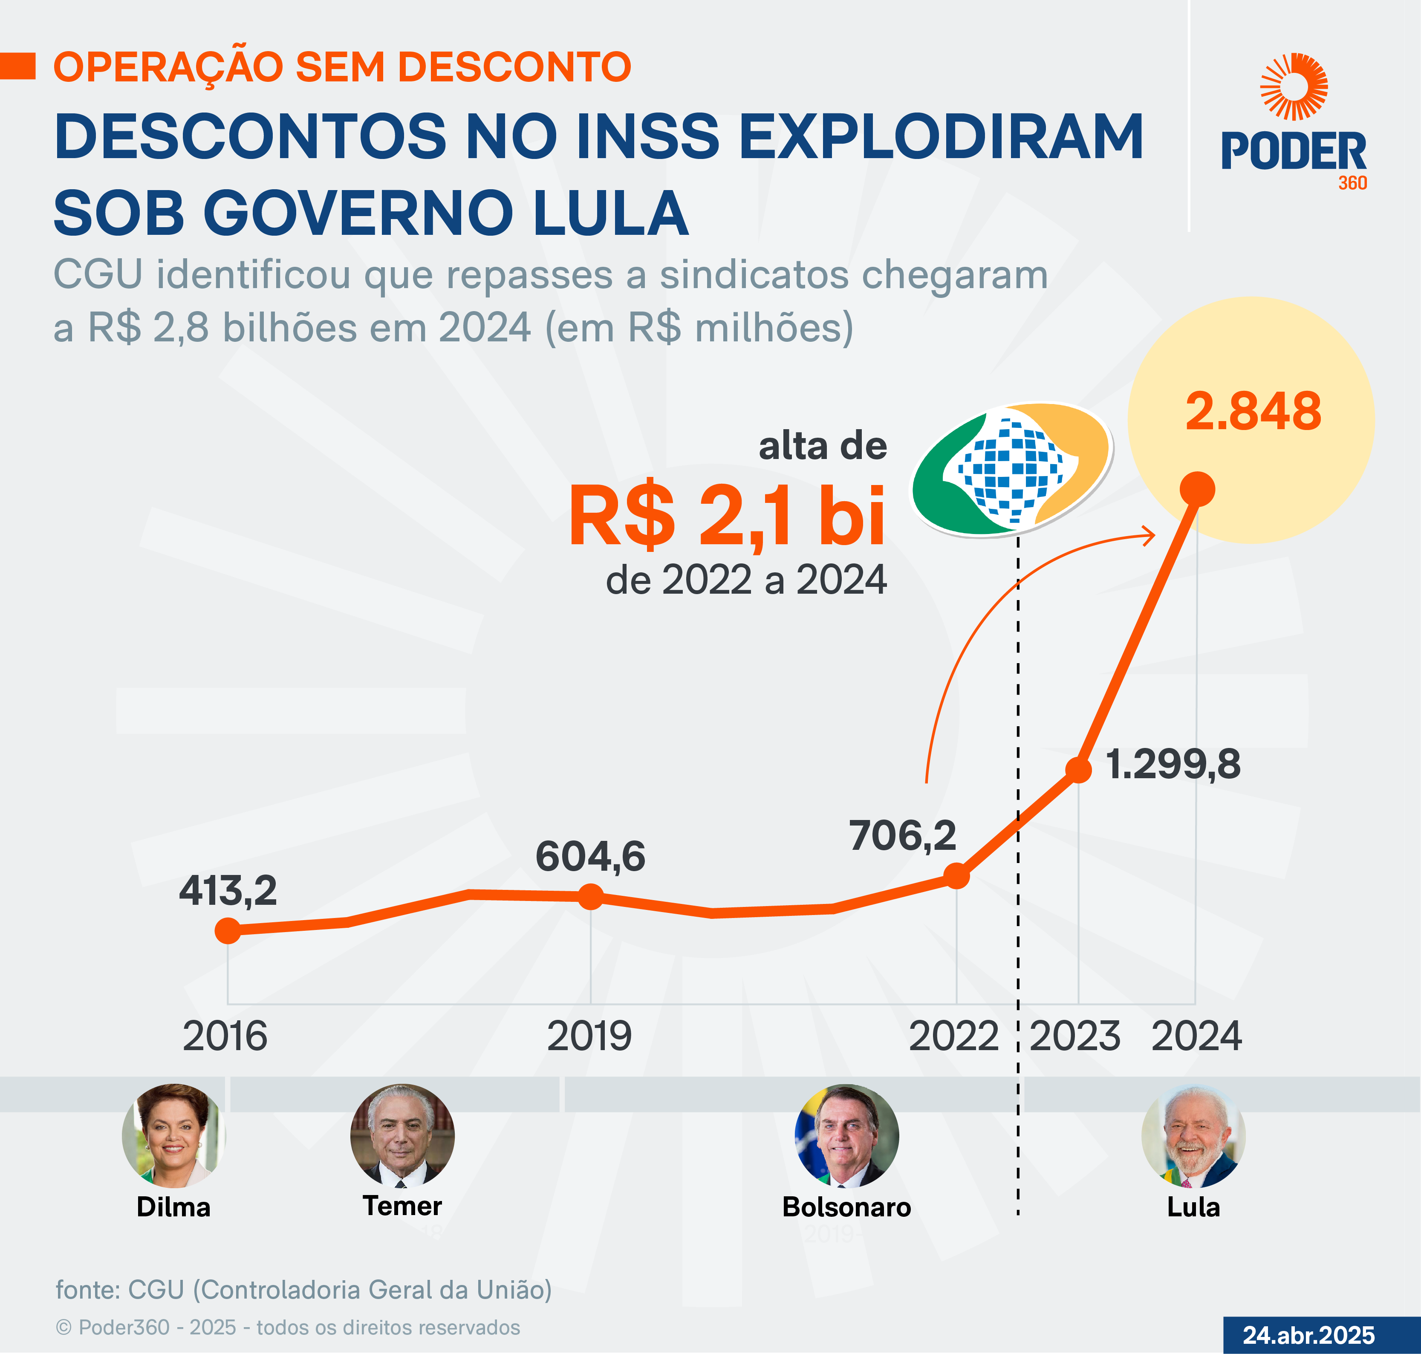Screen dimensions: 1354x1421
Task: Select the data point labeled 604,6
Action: tap(590, 897)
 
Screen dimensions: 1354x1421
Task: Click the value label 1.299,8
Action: tap(1173, 764)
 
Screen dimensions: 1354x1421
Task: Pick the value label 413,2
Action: tap(228, 891)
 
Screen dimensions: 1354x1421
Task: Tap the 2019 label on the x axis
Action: tap(589, 1036)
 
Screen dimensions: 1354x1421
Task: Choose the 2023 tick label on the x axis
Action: tap(1074, 1036)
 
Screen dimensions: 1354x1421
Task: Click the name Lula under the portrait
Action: tap(1193, 1207)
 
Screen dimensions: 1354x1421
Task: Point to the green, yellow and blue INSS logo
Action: tap(1011, 469)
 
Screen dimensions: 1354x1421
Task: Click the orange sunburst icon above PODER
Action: tap(1294, 86)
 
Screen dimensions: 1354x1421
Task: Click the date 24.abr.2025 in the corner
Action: tap(1308, 1334)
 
